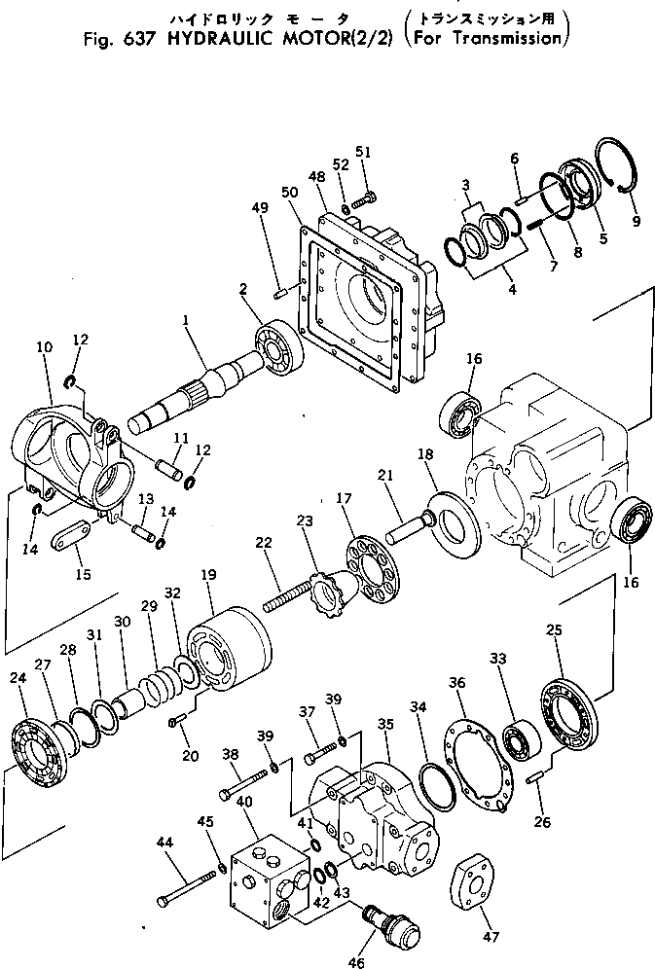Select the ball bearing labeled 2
coord(279,347)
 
